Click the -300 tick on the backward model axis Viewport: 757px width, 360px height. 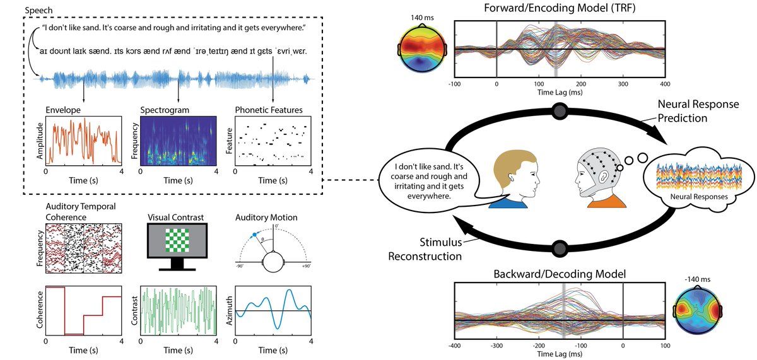pyautogui.click(x=496, y=345)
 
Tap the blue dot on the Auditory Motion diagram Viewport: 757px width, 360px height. pyautogui.click(x=254, y=235)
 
